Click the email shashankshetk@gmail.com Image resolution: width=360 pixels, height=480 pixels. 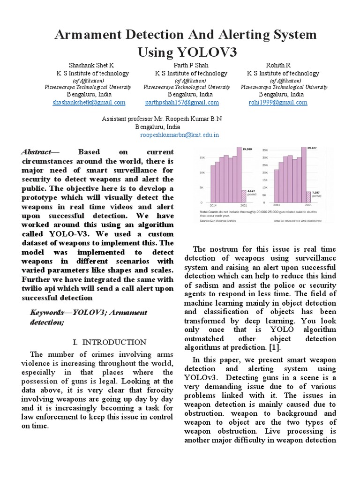coord(89,102)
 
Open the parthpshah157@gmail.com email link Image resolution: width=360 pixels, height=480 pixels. coord(182,102)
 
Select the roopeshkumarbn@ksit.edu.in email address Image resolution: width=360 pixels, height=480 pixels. coord(180,135)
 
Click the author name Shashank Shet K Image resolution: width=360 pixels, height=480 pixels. coord(91,65)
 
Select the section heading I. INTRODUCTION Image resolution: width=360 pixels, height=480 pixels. coord(112,342)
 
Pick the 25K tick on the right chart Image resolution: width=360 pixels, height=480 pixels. coord(265,165)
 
